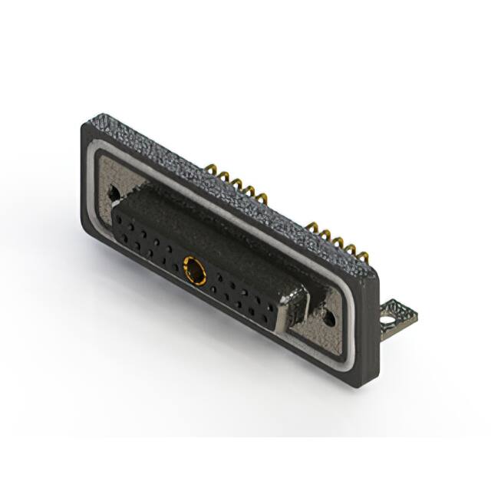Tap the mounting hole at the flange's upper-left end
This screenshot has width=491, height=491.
pos(115,189)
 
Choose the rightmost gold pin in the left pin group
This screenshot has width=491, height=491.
pos(265,196)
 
